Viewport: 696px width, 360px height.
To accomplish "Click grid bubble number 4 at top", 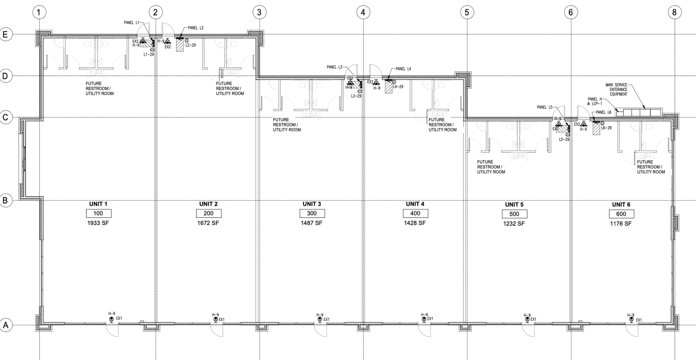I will tap(363, 13).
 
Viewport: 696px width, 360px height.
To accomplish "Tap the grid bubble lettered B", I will tap(5, 200).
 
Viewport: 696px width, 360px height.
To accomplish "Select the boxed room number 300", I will tap(312, 213).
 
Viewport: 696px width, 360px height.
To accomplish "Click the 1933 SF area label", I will tap(98, 223).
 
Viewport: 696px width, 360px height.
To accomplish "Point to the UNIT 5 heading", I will tap(514, 205).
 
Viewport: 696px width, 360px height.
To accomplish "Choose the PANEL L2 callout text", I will tap(196, 28).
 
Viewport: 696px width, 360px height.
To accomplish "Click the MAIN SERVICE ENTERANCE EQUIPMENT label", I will tap(618, 90).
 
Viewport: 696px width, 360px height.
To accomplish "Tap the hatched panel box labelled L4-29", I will tap(388, 87).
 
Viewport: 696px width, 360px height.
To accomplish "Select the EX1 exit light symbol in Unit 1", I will tap(111, 320).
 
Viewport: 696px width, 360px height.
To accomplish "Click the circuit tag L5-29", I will tap(564, 140).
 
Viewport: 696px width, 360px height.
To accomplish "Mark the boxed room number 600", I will tap(621, 214).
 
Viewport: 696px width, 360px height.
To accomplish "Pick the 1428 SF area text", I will tap(415, 223).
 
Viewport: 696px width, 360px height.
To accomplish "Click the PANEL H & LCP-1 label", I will tap(595, 101).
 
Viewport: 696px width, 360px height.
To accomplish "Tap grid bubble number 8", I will tap(674, 13).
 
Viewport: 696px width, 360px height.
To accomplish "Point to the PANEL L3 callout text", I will tap(334, 67).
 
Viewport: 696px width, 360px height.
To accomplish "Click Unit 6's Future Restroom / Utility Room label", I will tap(651, 167).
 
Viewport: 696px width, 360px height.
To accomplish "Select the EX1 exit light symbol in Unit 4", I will tap(424, 320).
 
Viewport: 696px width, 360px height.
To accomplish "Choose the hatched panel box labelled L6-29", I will tap(596, 128).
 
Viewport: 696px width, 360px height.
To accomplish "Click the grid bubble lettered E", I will tap(5, 34).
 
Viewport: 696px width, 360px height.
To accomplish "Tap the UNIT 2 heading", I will tap(208, 204).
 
